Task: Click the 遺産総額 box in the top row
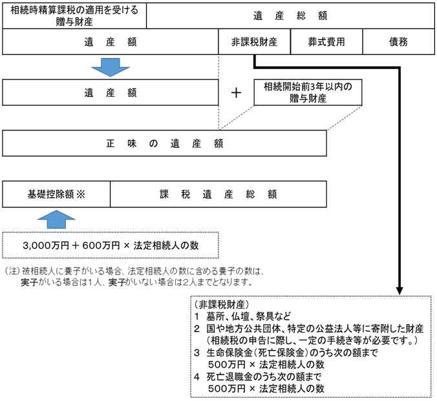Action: tap(290, 15)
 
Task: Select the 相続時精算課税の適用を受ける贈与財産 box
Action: tap(74, 15)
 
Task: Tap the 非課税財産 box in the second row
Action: tap(254, 42)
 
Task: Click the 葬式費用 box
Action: tap(326, 42)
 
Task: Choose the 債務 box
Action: tap(399, 42)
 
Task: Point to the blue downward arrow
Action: tap(111, 67)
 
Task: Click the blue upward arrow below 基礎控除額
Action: tap(56, 220)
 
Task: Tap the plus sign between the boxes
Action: tap(236, 93)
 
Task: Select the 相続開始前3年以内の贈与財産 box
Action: tap(308, 92)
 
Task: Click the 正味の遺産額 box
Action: tap(164, 143)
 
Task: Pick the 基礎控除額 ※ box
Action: tap(56, 194)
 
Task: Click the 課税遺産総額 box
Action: tap(218, 194)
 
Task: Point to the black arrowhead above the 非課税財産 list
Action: tap(400, 291)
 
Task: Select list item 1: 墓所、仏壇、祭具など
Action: tap(242, 316)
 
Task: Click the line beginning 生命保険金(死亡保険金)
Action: tap(286, 353)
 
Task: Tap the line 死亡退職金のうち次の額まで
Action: tap(258, 376)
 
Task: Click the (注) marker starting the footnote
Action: tap(12, 271)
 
